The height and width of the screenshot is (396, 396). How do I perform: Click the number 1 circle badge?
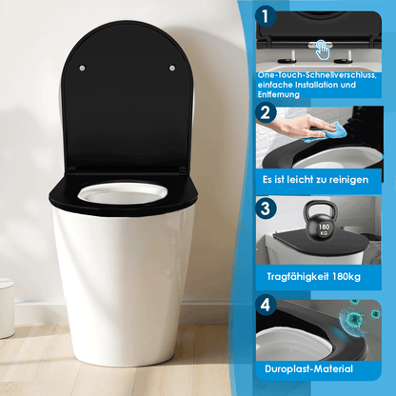(267, 17)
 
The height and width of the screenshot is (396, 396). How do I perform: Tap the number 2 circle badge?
(267, 112)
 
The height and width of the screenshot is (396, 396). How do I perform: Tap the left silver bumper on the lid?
(82, 68)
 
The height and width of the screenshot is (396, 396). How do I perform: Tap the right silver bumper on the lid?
(171, 68)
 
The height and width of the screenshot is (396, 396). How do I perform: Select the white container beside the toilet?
(6, 308)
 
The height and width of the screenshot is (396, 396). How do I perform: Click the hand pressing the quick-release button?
(324, 46)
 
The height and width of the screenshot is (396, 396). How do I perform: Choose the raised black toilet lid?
(127, 105)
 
